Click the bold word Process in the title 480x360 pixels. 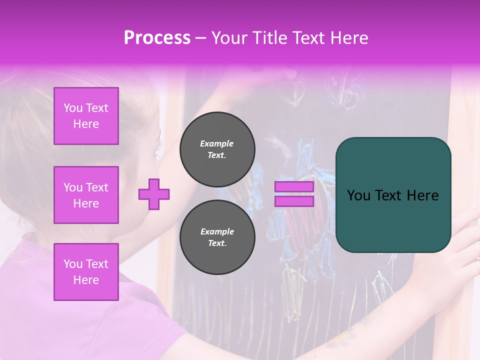pos(157,38)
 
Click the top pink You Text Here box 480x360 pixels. pos(86,116)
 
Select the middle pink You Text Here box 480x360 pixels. pos(86,195)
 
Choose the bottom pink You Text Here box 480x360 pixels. pos(86,272)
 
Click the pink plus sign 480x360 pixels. pos(154,194)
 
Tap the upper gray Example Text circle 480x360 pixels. pos(217,149)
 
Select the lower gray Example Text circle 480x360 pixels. pos(217,237)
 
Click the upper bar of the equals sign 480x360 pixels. pos(294,187)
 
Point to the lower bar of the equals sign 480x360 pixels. pos(294,201)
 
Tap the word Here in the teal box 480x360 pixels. pos(423,195)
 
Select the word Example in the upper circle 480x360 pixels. pos(217,143)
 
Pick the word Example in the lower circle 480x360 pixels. pos(217,231)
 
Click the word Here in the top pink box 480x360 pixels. pos(86,124)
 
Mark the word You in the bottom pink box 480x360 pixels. pos(72,264)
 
